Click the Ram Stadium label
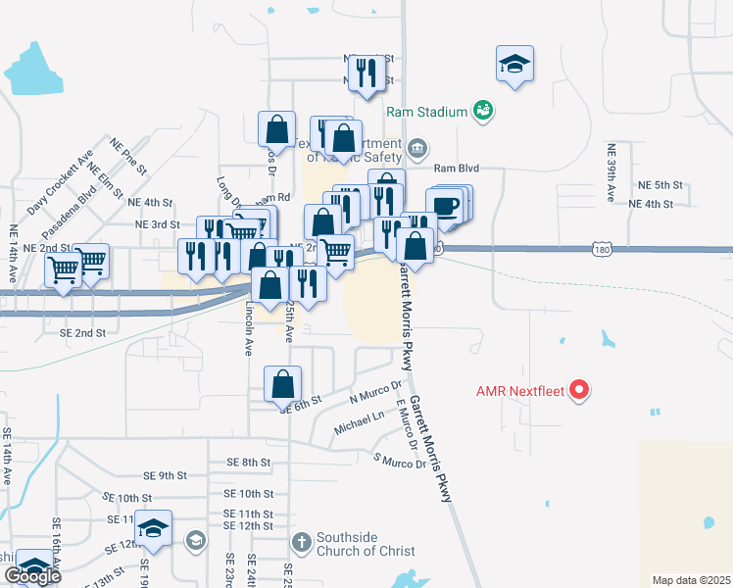(426, 113)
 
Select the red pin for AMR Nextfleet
(579, 391)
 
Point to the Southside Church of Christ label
(366, 544)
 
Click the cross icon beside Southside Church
(303, 540)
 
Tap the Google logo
(32, 576)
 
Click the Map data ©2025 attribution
(691, 580)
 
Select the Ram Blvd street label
(456, 169)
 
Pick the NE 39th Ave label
(611, 173)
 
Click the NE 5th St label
(660, 185)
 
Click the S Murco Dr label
(400, 462)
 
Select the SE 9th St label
(164, 476)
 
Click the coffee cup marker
(447, 206)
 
